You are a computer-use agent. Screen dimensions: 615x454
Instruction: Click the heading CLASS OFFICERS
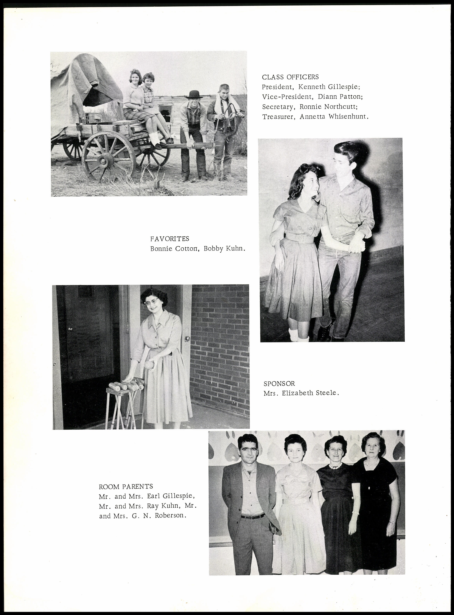click(x=290, y=77)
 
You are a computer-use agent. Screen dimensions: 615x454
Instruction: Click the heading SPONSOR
click(x=279, y=384)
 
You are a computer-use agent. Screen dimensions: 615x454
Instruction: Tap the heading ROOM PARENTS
click(x=126, y=487)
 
